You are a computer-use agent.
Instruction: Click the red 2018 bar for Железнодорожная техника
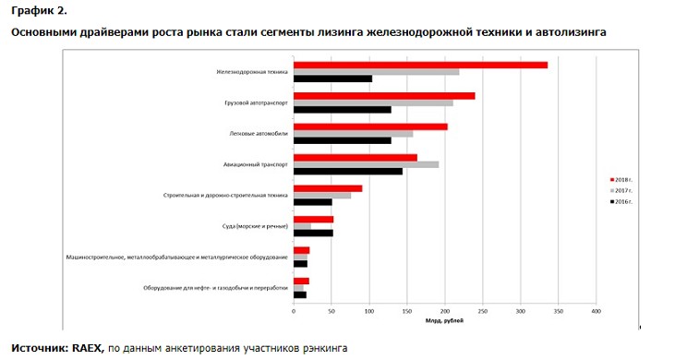point(420,65)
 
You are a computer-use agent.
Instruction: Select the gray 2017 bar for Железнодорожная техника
point(376,72)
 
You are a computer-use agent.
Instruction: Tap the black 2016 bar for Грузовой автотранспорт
point(342,110)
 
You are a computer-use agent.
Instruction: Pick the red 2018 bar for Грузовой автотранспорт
point(384,95)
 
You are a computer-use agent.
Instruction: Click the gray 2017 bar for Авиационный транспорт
point(366,164)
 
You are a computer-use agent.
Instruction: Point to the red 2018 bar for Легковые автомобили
point(370,126)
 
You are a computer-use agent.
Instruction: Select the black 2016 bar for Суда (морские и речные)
point(313,233)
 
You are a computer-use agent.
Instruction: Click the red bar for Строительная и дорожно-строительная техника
point(328,188)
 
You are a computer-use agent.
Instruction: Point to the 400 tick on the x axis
point(597,312)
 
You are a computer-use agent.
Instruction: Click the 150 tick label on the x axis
point(407,312)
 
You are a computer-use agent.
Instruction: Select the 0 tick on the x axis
point(294,312)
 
